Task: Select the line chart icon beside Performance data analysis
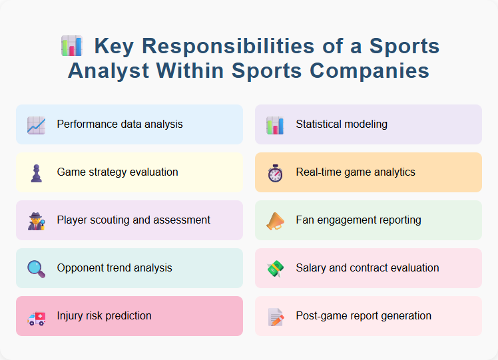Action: coord(36,124)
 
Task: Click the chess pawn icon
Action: coord(36,172)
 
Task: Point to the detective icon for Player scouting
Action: coord(36,220)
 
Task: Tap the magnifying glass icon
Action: coord(36,268)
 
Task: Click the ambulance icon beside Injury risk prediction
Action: coord(36,317)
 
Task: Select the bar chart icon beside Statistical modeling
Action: coord(275,124)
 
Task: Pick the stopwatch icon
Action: coord(275,172)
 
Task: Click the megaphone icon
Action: coord(275,220)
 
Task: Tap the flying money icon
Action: coord(275,268)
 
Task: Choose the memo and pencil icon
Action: coord(275,316)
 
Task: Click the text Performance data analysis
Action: coord(120,124)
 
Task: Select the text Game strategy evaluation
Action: coord(117,172)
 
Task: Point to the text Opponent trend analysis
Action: coord(115,268)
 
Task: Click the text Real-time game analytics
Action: coord(356,172)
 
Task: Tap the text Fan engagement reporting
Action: coord(358,220)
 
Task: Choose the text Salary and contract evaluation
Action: coord(368,268)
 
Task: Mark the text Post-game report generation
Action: coord(364,316)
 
